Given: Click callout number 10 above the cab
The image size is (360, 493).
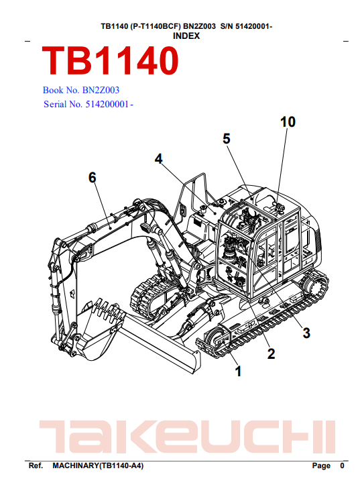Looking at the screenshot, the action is click(x=288, y=121).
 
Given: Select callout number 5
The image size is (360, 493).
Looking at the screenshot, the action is click(x=227, y=139).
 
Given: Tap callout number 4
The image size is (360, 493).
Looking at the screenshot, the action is click(x=159, y=159).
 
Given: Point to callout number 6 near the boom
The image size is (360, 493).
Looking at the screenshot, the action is click(x=92, y=177).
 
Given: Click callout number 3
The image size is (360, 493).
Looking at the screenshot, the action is click(x=306, y=333).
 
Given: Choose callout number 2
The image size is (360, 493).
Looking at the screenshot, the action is click(x=271, y=353).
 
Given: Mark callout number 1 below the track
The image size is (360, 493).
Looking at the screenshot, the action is click(x=238, y=372).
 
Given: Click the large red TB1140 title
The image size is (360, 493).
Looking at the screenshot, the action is click(x=110, y=60).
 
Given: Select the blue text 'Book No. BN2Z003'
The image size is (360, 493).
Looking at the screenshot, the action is click(x=81, y=91).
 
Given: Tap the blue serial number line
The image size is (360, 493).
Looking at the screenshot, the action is click(x=88, y=104).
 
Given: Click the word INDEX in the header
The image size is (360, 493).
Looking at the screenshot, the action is click(x=186, y=36).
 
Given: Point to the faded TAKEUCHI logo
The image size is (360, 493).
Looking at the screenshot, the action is click(x=187, y=437).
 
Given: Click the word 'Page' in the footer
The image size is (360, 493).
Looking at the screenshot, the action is click(x=321, y=465).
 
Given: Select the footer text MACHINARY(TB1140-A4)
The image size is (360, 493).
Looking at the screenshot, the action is click(x=98, y=465).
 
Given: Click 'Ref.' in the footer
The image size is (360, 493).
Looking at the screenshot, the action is click(x=36, y=465).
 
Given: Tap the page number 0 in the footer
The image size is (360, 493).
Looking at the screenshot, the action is click(x=342, y=465).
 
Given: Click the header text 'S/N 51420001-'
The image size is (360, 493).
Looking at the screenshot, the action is click(x=246, y=26).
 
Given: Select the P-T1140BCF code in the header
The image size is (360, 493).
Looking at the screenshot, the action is click(x=155, y=26).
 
